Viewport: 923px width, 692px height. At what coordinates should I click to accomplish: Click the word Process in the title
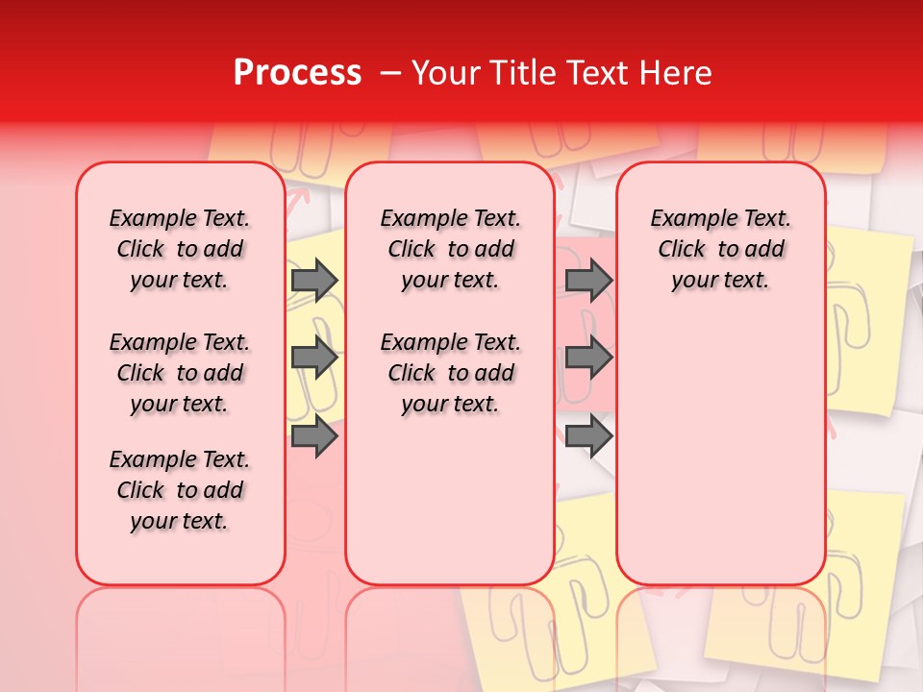297,73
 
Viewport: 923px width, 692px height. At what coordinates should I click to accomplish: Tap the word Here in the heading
677,73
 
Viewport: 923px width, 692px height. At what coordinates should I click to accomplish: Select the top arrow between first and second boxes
313,280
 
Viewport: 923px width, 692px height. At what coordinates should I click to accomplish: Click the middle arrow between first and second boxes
313,358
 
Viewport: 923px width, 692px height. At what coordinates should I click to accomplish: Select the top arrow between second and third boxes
588,280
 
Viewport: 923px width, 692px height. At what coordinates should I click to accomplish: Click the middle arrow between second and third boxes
588,358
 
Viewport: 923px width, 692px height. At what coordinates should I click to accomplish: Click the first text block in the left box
180,249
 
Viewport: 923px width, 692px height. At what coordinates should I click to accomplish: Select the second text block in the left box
180,373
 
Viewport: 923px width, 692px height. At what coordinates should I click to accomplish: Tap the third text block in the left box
180,490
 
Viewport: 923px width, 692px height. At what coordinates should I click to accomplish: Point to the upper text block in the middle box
451,249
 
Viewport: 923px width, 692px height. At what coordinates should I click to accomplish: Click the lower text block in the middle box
451,373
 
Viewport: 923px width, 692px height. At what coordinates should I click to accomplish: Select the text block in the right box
721,249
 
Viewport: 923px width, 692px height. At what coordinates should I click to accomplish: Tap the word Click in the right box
682,250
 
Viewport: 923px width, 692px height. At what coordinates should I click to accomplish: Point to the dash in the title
390,73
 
